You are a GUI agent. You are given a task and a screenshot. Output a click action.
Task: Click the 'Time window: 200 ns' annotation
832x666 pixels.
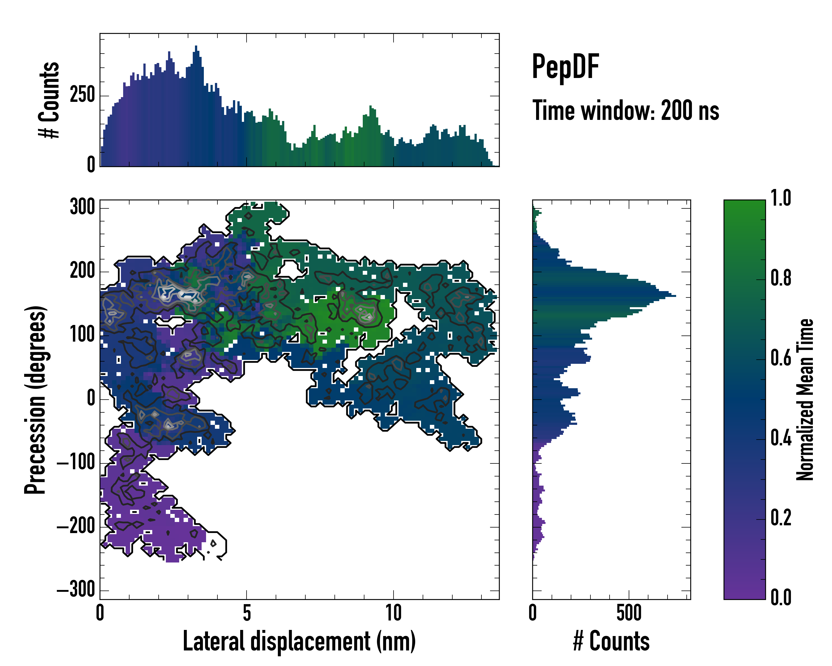(x=626, y=111)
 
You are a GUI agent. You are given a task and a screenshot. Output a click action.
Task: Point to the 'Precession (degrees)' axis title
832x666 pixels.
(x=35, y=400)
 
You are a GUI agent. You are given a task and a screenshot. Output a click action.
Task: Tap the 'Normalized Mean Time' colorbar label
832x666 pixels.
(x=805, y=400)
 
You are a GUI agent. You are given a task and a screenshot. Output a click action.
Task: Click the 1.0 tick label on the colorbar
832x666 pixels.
(x=781, y=198)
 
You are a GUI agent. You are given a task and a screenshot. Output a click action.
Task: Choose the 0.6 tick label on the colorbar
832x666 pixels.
(x=781, y=358)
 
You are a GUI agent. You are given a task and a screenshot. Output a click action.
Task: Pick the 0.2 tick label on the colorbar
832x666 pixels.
(x=781, y=518)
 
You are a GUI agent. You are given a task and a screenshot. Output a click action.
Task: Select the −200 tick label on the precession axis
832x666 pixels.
(x=76, y=527)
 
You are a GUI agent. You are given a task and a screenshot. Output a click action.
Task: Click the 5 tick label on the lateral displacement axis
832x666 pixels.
(x=247, y=613)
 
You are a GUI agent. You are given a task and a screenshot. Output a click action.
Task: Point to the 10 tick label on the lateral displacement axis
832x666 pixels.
(x=393, y=613)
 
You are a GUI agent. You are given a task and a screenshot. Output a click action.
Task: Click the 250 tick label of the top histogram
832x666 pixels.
(x=82, y=95)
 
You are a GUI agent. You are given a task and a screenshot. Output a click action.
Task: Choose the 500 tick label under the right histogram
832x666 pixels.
(x=629, y=613)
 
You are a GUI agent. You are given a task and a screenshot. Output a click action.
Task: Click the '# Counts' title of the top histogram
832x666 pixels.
(x=49, y=100)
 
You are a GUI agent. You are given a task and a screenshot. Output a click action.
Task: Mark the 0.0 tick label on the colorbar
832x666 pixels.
(x=781, y=597)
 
